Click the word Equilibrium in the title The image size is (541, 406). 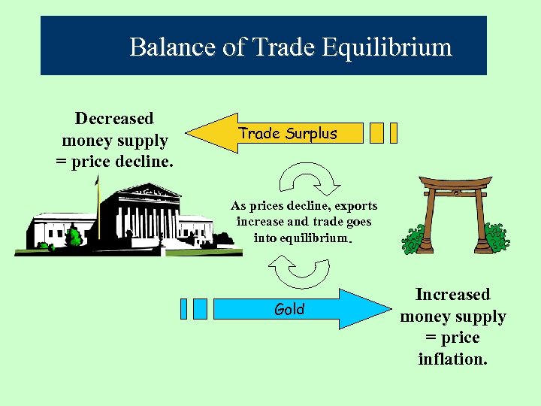click(x=388, y=47)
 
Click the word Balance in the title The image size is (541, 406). click(x=173, y=47)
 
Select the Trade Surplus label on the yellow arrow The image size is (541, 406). click(x=288, y=134)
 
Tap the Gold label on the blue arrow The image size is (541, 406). click(x=289, y=309)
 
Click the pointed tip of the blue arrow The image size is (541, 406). click(x=391, y=309)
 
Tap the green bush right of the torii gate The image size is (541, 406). click(x=495, y=238)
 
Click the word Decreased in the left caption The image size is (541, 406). click(x=114, y=119)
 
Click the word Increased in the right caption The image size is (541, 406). click(x=452, y=295)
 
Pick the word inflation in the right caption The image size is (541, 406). click(x=452, y=359)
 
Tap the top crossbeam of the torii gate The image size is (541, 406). click(x=449, y=183)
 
